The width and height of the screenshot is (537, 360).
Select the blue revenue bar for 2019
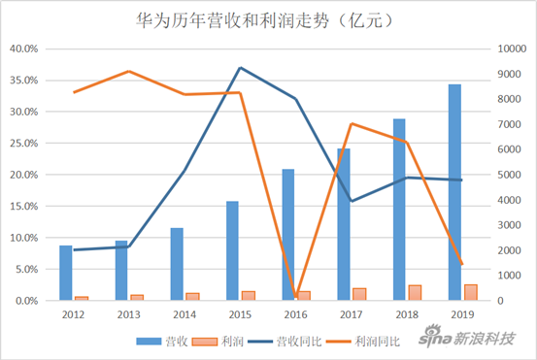pos(454,192)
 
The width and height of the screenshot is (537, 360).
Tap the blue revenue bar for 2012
pos(65,273)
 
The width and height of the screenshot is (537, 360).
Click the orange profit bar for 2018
pos(415,293)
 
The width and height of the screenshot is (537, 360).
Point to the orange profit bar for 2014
pos(192,297)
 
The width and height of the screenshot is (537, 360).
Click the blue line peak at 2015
pos(240,68)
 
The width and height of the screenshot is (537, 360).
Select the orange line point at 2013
pos(129,71)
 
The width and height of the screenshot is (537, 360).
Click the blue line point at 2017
pos(352,201)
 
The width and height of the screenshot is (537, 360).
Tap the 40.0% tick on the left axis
pos(23,49)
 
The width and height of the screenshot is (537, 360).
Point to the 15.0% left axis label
pos(23,207)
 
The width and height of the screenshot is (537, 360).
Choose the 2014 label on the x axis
pos(185,314)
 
